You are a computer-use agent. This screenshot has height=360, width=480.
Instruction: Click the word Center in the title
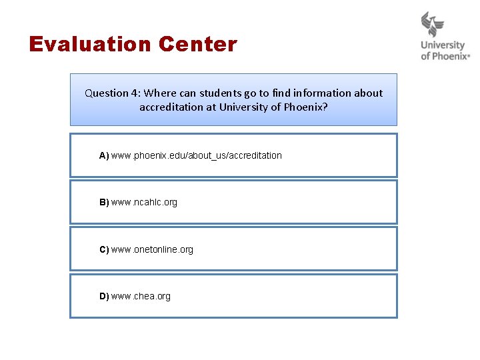click(198, 45)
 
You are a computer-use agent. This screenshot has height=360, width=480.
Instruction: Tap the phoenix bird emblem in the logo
click(433, 25)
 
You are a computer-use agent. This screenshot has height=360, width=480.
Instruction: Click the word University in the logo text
click(443, 46)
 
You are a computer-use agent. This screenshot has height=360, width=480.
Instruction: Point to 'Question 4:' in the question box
click(112, 93)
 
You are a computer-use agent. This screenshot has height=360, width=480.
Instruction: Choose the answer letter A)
click(104, 155)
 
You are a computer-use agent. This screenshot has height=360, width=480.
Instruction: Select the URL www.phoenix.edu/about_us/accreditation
click(197, 155)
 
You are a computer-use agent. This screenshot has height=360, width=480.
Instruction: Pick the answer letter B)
click(104, 202)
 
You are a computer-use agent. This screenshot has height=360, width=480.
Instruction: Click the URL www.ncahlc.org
click(145, 202)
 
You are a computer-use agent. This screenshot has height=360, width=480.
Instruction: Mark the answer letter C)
click(104, 249)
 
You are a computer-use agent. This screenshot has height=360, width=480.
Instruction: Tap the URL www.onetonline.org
click(153, 249)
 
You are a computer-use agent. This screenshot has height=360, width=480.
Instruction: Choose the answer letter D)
click(104, 296)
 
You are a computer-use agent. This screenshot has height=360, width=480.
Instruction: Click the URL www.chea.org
click(141, 296)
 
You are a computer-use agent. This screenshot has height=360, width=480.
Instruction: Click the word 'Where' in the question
click(158, 93)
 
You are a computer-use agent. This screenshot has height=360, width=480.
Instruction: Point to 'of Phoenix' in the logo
click(444, 57)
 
